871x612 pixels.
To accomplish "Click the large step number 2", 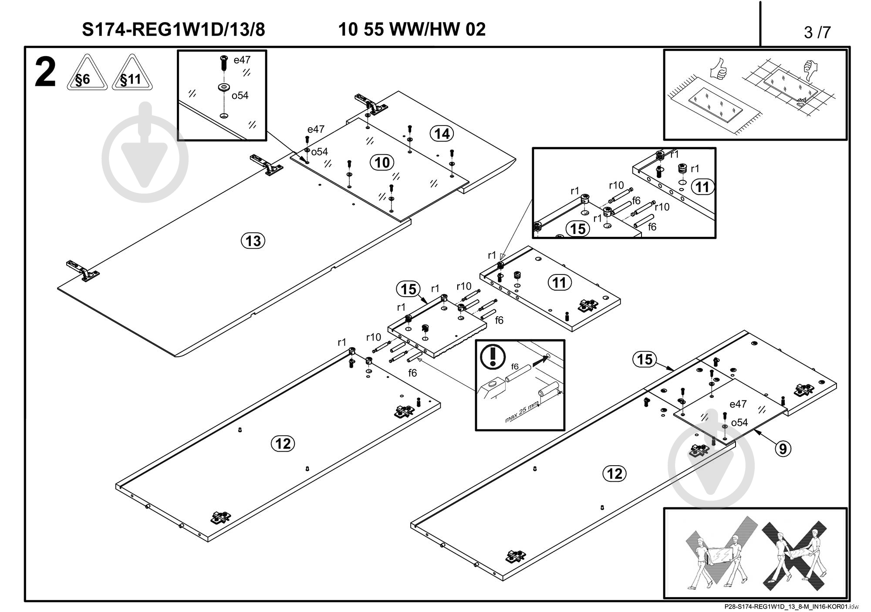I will (x=45, y=73).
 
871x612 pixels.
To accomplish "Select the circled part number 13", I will (x=253, y=240).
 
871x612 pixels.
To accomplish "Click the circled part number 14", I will (x=442, y=133).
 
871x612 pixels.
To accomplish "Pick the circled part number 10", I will (x=382, y=162).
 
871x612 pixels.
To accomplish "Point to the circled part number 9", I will (x=783, y=448).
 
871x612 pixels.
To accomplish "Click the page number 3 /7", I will (x=817, y=32).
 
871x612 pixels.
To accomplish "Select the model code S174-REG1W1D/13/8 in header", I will (x=173, y=30).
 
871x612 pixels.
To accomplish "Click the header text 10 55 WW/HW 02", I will (x=412, y=29).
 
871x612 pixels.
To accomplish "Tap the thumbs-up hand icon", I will (x=719, y=69).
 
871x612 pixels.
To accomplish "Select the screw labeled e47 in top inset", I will (x=224, y=64).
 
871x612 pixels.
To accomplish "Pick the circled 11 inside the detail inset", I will (x=702, y=187).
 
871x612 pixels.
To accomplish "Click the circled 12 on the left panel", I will (x=283, y=443).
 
